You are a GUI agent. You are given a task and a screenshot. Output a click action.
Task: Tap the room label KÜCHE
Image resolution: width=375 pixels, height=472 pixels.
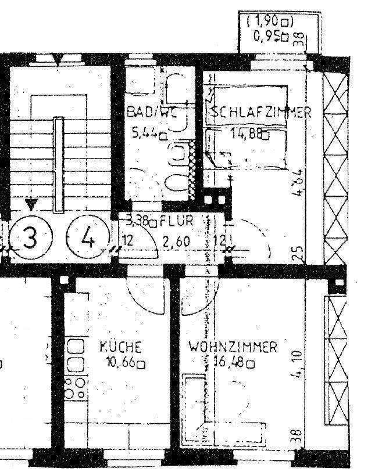tap(121, 348)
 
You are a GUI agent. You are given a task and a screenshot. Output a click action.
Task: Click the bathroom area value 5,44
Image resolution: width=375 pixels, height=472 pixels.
tap(146, 134)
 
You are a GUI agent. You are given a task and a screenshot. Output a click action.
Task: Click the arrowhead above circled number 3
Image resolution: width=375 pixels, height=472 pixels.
tap(31, 204)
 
